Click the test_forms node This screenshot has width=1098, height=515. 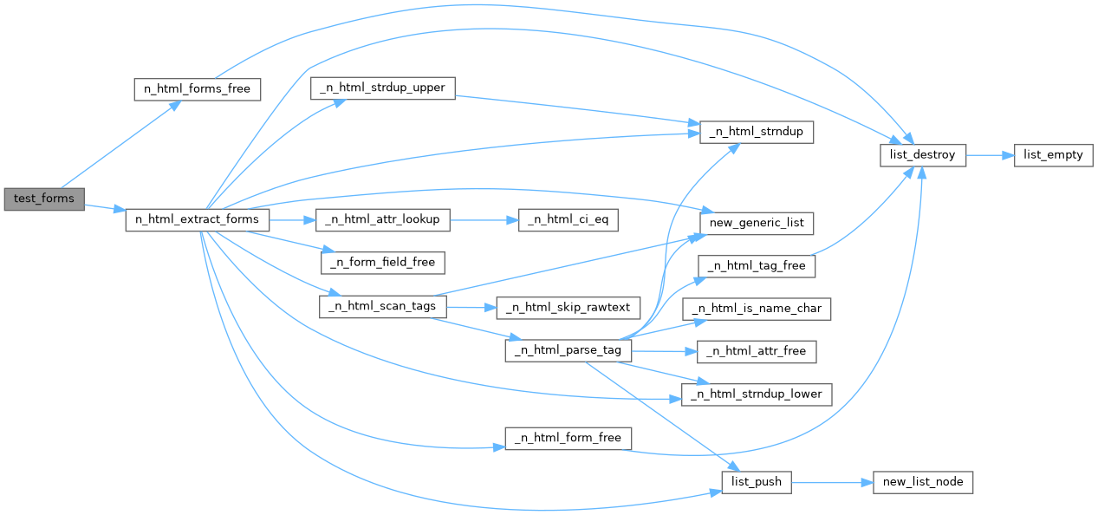44,199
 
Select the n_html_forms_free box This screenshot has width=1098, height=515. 197,89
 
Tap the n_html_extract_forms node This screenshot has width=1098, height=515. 197,220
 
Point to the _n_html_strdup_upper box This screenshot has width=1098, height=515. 383,88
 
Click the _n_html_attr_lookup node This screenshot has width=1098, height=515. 383,220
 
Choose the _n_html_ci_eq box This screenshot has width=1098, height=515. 568,220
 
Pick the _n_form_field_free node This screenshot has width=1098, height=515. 383,263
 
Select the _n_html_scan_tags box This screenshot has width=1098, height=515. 383,307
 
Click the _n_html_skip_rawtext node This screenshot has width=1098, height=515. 568,308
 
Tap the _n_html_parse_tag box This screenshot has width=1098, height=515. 568,351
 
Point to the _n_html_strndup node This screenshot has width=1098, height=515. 757,133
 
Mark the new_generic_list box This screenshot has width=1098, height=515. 757,224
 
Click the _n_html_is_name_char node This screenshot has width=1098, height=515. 757,309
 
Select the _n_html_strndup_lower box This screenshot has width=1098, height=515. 757,394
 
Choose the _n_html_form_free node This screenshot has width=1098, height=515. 568,439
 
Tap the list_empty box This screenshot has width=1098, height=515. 1054,155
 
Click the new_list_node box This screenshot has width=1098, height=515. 923,483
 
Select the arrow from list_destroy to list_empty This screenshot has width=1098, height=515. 991,155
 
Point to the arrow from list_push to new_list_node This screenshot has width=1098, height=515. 832,483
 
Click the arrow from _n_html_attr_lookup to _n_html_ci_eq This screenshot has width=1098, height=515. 484,220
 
